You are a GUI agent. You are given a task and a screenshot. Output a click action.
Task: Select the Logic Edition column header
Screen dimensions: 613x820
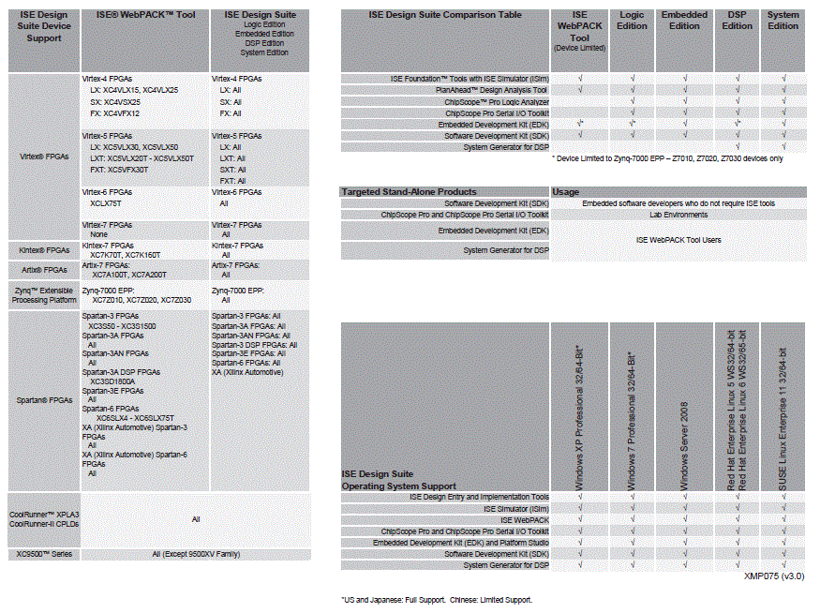(633, 21)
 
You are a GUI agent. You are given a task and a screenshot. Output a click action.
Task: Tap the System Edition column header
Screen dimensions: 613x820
(783, 21)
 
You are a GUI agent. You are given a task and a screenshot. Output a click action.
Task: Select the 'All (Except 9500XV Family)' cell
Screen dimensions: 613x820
(196, 554)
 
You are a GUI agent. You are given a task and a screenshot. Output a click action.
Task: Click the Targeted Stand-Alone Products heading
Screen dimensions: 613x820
(409, 192)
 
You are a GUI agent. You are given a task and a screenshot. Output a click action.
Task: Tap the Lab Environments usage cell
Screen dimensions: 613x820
(678, 215)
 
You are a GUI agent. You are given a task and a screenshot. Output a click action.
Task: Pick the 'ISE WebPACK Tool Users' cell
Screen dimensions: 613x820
(678, 240)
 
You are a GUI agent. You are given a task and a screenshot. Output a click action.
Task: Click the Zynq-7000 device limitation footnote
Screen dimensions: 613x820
(667, 158)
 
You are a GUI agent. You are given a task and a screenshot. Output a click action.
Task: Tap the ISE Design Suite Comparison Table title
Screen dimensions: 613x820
(445, 15)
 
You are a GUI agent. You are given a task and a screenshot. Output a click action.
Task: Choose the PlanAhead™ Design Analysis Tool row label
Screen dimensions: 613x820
(492, 90)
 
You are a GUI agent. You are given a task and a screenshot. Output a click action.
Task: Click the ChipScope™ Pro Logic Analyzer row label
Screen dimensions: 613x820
(494, 101)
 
